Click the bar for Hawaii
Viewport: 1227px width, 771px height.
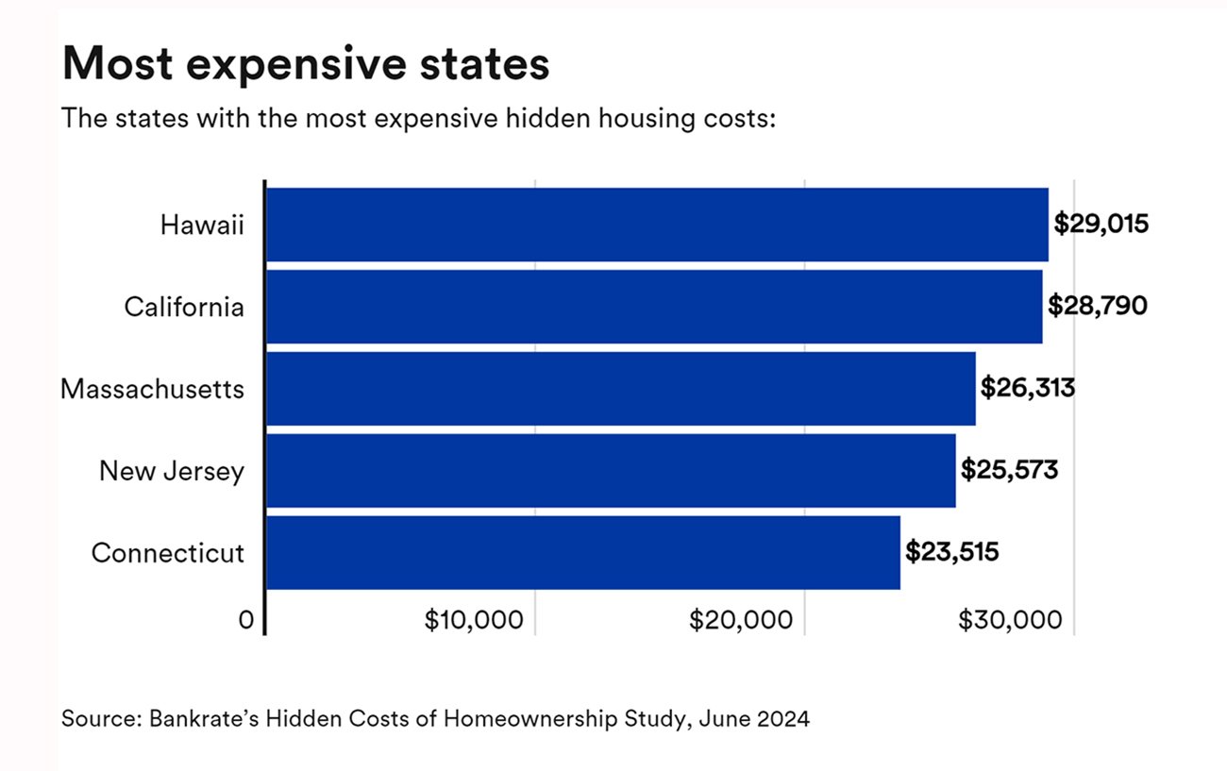pos(657,225)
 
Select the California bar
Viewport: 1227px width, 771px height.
pos(654,307)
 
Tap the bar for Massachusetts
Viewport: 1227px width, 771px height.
pos(620,388)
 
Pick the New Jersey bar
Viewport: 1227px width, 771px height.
pos(611,470)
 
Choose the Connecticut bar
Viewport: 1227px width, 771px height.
pos(582,552)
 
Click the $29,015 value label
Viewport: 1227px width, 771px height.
pos(1101,225)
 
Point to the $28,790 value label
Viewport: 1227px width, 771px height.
pos(1098,307)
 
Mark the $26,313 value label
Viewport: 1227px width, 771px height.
pos(1028,388)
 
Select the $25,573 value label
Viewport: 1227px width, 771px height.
pos(1009,470)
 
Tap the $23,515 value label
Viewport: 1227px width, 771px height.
pos(951,552)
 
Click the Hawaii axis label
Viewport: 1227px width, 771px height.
pos(202,226)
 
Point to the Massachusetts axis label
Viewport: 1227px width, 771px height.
pos(153,389)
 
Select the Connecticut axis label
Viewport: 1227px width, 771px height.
pos(168,553)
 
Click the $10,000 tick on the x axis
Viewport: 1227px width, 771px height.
pos(474,620)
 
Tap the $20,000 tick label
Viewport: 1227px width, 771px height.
pos(741,620)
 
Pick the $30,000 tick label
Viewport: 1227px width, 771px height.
pos(1010,620)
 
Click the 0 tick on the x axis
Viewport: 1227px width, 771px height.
pos(247,620)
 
